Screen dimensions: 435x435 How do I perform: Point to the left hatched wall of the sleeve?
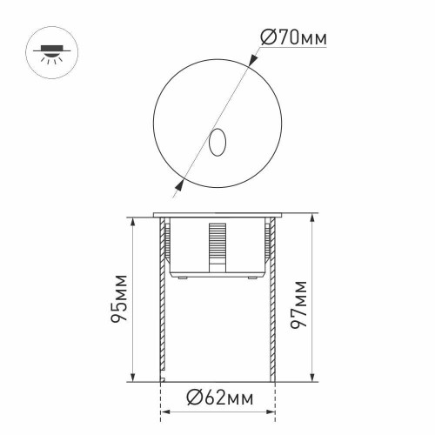point(162,304)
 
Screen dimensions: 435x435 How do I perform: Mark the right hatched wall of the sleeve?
point(271,304)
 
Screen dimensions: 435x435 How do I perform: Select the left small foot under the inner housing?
point(182,278)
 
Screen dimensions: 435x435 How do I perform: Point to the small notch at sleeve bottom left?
point(163,378)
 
